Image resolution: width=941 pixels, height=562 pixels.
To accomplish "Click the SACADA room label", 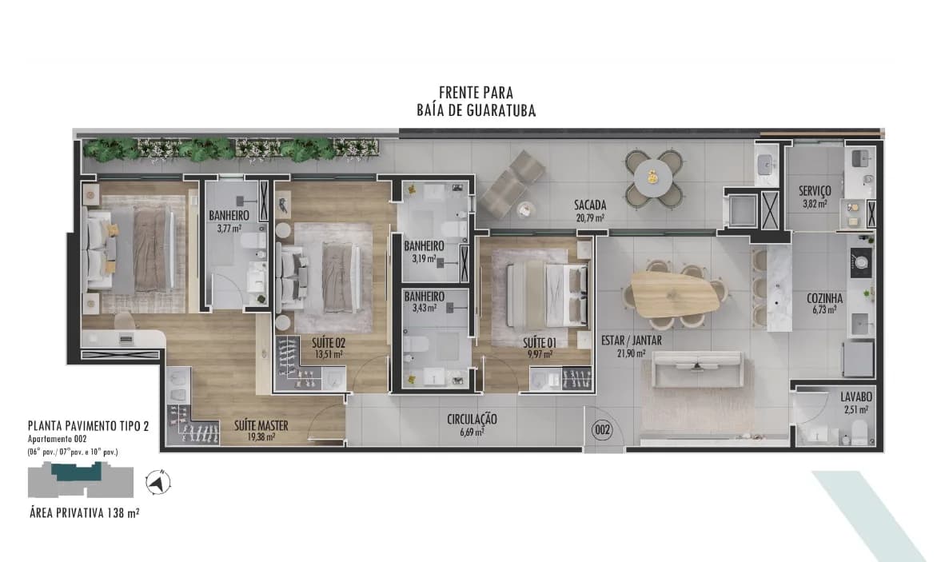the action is pyautogui.click(x=590, y=205).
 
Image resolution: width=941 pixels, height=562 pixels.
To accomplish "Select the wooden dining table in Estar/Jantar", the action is pyautogui.click(x=675, y=294).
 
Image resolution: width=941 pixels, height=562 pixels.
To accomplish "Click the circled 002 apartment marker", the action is pyautogui.click(x=602, y=429).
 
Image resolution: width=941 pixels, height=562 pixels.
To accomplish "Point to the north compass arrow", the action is pyautogui.click(x=157, y=482).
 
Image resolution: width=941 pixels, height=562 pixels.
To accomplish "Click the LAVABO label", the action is pyautogui.click(x=855, y=397).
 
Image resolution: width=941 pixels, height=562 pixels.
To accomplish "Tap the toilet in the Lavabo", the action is pyautogui.click(x=860, y=431).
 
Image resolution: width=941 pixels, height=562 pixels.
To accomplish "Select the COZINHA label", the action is pyautogui.click(x=824, y=298).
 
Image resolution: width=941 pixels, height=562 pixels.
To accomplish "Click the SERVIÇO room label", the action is pyautogui.click(x=815, y=191).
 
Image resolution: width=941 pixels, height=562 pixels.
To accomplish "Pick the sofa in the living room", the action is pyautogui.click(x=698, y=369).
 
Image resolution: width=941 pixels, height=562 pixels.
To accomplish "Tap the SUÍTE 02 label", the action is pyautogui.click(x=329, y=343).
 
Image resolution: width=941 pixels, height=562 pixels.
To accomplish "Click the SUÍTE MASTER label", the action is pyautogui.click(x=261, y=426).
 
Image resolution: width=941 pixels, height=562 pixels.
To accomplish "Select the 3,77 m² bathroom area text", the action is pyautogui.click(x=229, y=228).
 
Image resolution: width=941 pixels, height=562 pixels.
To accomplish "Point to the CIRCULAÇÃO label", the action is pyautogui.click(x=472, y=420).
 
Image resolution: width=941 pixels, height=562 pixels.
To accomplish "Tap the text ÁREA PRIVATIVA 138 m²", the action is pyautogui.click(x=85, y=512).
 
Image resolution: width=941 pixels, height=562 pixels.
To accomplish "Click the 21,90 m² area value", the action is pyautogui.click(x=632, y=354).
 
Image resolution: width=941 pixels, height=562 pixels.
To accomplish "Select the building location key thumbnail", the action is pyautogui.click(x=81, y=480).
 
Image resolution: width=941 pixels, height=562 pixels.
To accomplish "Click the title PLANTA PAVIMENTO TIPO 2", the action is pyautogui.click(x=88, y=426).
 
